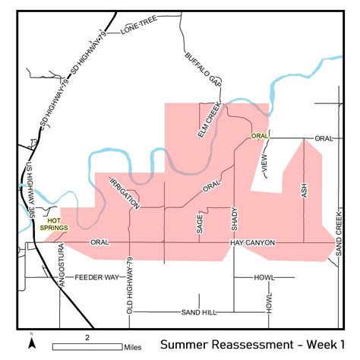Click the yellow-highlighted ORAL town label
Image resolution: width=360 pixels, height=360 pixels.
(x=260, y=137)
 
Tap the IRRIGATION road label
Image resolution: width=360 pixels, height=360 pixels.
(x=125, y=194)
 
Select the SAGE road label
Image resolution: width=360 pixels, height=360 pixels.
(x=200, y=224)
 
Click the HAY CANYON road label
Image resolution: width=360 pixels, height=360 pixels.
(x=252, y=242)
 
